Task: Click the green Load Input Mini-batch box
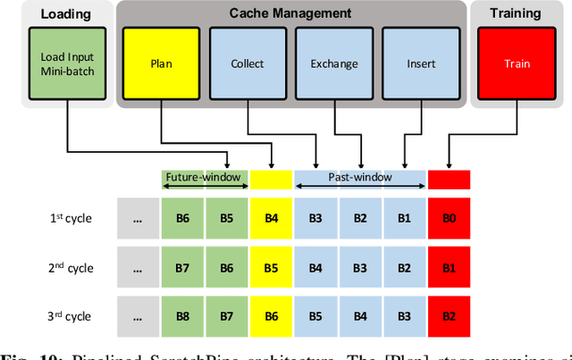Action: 67,63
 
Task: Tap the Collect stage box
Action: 247,63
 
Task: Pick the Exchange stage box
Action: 333,63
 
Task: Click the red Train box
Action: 517,63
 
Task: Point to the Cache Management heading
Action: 290,13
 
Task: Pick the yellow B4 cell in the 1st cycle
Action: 272,219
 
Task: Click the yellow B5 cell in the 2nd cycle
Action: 272,267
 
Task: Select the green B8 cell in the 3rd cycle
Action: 183,315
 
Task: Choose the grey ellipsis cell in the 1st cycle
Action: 139,219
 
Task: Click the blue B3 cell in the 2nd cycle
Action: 361,267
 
